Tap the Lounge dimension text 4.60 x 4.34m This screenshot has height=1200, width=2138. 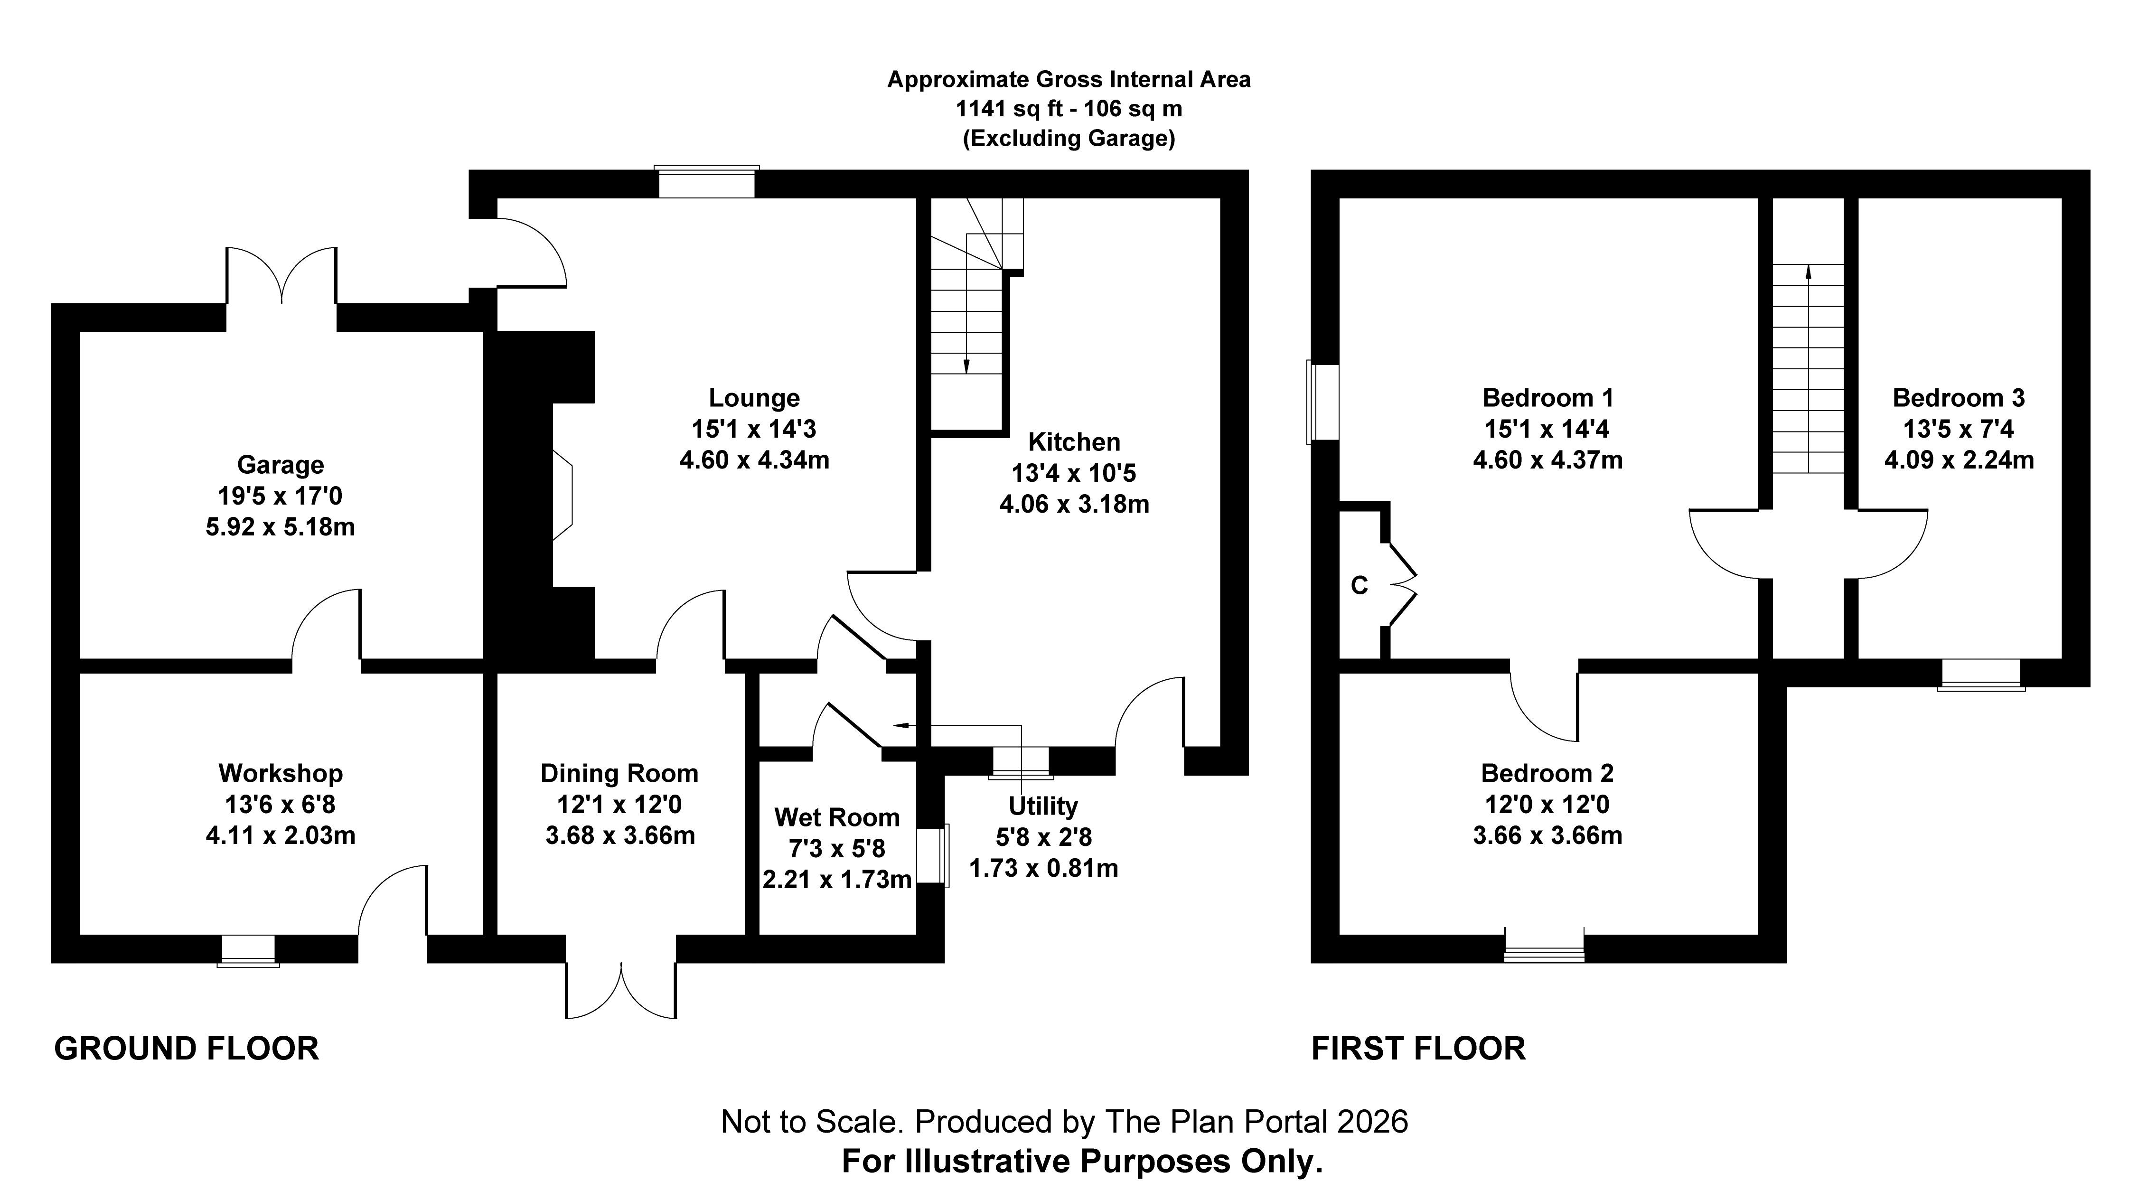coord(754,460)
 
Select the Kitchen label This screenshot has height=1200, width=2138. coord(1074,441)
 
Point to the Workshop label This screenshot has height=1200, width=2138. coord(281,773)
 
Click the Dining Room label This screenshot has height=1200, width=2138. coord(619,773)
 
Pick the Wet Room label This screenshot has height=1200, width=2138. coord(836,817)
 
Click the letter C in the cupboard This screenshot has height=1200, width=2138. coord(1359,586)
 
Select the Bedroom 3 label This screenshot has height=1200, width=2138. coord(1958,398)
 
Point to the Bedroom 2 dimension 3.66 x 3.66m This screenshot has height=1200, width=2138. coord(1547,835)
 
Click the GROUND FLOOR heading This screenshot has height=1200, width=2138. coord(187,1049)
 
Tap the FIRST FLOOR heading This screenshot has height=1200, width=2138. coord(1417,1049)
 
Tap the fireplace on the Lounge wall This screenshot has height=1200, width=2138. coord(563,496)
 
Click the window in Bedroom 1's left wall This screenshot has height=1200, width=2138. coord(1323,402)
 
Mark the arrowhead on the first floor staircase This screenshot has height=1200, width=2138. coord(1809,269)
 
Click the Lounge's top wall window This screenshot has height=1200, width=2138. coord(706,183)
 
